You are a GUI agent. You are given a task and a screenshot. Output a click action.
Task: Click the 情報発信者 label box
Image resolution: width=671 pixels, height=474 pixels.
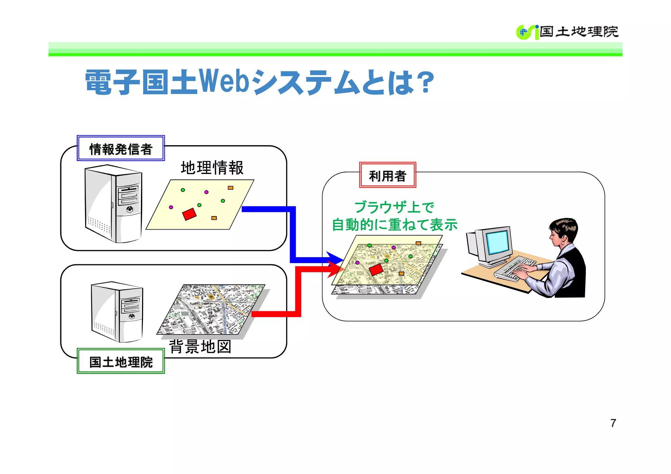click(x=121, y=148)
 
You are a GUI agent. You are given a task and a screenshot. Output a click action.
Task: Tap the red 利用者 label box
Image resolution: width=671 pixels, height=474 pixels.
click(x=387, y=175)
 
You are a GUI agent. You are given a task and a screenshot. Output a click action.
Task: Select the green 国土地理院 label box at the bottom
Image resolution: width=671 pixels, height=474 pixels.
click(x=121, y=361)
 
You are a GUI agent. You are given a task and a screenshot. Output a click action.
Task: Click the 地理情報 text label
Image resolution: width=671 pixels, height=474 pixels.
click(x=212, y=168)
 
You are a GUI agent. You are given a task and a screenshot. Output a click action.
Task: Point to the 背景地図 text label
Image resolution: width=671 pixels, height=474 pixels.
click(x=200, y=347)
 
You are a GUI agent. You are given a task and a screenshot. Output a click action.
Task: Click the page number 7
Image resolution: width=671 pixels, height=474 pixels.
click(x=613, y=423)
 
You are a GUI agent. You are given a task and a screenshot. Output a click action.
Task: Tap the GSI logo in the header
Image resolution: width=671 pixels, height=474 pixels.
click(x=527, y=32)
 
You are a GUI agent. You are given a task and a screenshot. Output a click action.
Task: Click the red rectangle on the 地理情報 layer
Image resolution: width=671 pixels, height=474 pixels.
click(x=189, y=214)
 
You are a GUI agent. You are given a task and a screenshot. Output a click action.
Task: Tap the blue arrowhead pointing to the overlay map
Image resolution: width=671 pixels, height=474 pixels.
click(x=335, y=258)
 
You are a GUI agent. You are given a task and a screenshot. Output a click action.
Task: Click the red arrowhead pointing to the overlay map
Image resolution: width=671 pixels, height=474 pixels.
click(x=336, y=269)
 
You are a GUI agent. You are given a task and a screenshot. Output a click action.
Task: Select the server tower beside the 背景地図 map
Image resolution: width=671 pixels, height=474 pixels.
click(x=117, y=312)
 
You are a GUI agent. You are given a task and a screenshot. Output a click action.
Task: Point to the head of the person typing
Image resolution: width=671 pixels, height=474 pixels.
click(x=563, y=231)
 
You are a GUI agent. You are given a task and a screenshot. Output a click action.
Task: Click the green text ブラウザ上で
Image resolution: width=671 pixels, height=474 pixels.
click(x=394, y=207)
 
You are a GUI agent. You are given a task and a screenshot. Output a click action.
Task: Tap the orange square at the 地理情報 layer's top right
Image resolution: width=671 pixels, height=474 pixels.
click(x=231, y=188)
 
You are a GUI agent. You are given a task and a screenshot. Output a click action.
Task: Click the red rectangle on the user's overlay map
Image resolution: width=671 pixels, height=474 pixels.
click(x=376, y=270)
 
